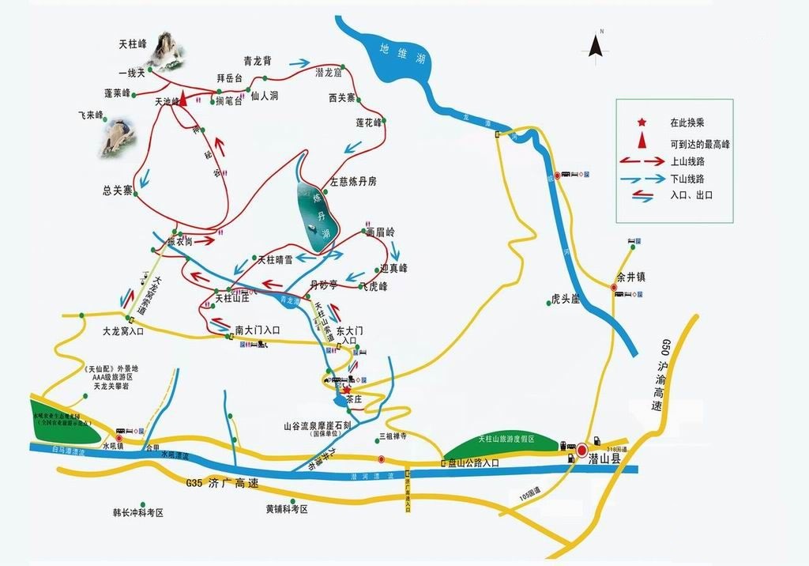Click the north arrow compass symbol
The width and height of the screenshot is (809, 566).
pos(596,47)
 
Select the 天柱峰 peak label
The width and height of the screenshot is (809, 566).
pos(132,44)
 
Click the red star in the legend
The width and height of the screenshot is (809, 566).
pos(642,123)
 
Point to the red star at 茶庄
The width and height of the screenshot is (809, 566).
pos(346,390)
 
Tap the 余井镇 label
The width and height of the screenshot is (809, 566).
pos(631,277)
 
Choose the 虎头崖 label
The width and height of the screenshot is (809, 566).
pos(566,300)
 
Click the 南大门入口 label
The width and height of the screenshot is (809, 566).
pos(258,330)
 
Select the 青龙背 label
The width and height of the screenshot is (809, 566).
pos(258,60)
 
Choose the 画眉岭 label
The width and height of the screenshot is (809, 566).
pos(380,232)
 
